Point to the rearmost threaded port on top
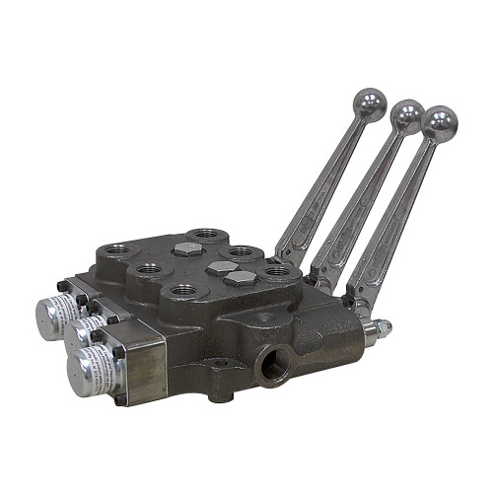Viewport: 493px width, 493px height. [x=205, y=234]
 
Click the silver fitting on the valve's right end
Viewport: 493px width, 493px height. [x=377, y=331]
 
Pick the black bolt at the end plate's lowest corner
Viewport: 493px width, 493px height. [x=120, y=398]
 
